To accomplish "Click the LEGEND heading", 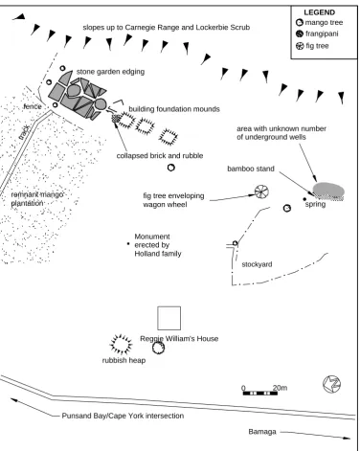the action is coord(319,12).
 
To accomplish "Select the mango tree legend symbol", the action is coord(300,23).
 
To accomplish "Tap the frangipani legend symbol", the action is coord(300,34).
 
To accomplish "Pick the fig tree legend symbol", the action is coord(300,46).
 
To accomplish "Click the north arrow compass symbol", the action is coord(332,384).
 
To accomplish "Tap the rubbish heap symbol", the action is coord(121,345).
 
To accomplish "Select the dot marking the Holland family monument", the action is coord(128,244).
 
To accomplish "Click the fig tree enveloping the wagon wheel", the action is coord(261,192).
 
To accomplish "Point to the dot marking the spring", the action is coord(304,199).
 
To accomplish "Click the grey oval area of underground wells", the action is coord(328,191).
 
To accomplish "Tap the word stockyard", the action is coord(257,264).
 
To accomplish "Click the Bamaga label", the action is coord(262,432).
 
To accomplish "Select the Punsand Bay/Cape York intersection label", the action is coord(123,416).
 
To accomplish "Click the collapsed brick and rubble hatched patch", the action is coord(116,119).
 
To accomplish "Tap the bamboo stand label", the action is coord(251,169).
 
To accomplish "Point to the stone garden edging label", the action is coord(110,72).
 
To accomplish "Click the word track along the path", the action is coord(24,132).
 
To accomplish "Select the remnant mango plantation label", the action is coord(37,199).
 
